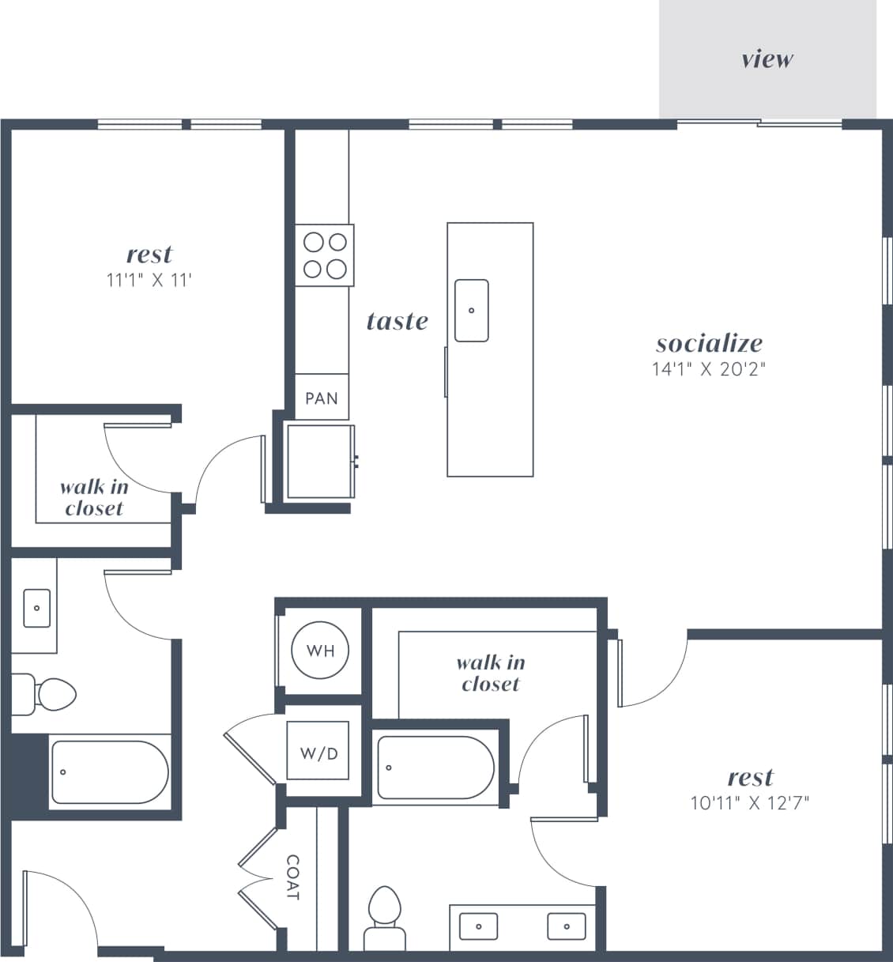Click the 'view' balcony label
(x=767, y=59)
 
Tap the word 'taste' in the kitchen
(x=398, y=321)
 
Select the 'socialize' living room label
(x=709, y=343)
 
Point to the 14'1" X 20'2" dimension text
(x=709, y=368)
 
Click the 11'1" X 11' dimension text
(x=149, y=280)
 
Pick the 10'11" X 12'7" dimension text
(x=749, y=803)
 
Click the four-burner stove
(x=325, y=255)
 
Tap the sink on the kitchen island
(x=471, y=311)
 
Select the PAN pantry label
(x=322, y=398)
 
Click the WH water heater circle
(x=320, y=651)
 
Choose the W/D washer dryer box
(x=318, y=753)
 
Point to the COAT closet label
(x=292, y=877)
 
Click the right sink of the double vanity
(x=566, y=926)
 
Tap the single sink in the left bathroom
(x=36, y=608)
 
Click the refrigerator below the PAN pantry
(x=320, y=462)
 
